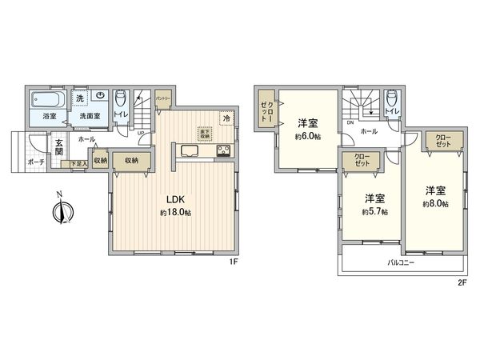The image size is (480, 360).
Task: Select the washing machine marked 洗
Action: (x=79, y=98)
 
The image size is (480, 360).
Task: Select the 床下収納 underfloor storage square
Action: (x=205, y=134)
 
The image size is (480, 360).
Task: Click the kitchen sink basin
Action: (x=191, y=150)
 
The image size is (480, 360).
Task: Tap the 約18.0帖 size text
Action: (x=174, y=212)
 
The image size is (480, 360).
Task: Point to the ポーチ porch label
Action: (x=36, y=161)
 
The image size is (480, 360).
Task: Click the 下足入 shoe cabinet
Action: (x=78, y=164)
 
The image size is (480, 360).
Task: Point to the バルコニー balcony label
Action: (x=399, y=262)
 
